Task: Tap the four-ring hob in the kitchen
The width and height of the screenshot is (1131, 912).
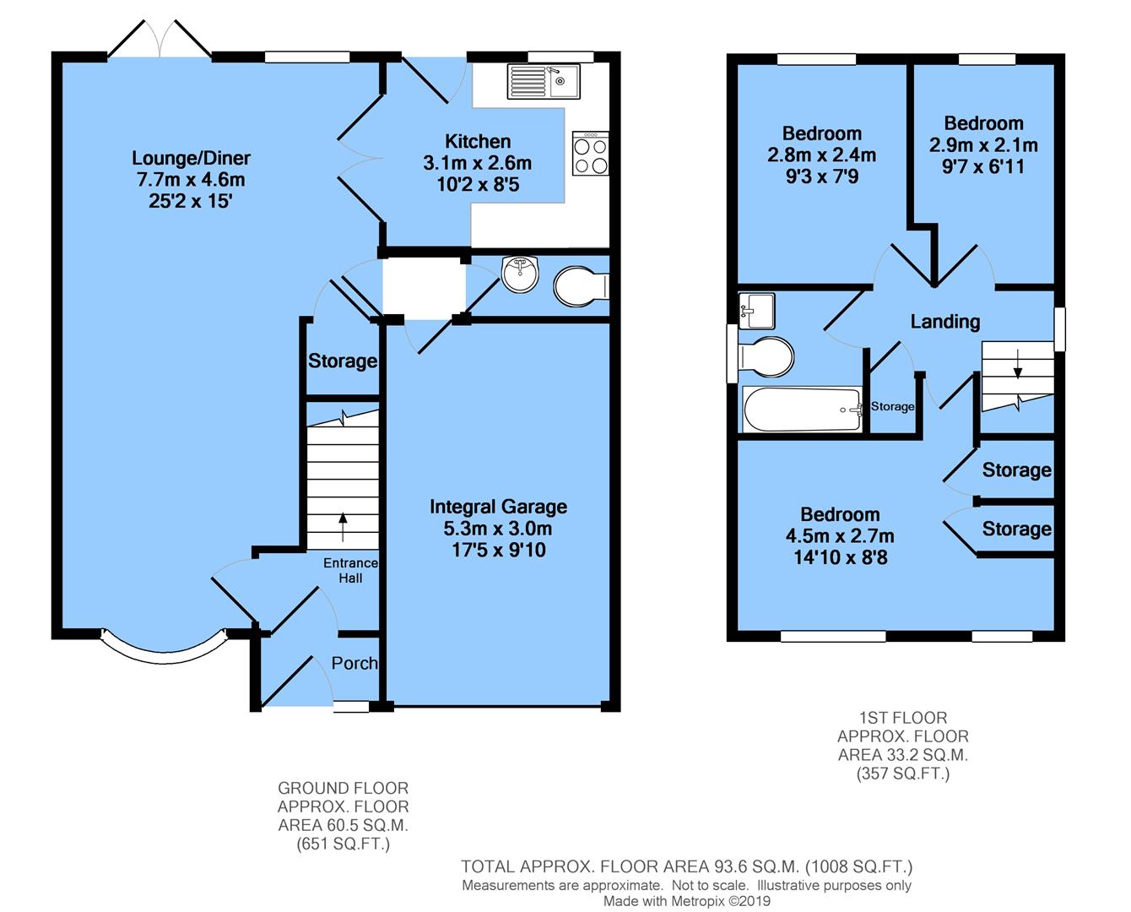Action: [590, 154]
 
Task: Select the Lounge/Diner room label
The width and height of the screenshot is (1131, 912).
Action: [191, 158]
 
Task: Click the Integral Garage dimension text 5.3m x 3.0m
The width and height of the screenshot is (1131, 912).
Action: [498, 529]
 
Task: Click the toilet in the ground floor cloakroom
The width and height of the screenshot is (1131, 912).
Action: [581, 285]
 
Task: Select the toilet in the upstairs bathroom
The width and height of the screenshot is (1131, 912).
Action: [765, 356]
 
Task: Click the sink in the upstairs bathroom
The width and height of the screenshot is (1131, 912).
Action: [755, 310]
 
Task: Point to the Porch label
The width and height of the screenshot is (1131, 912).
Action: [354, 663]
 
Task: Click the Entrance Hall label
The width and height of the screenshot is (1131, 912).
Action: [350, 570]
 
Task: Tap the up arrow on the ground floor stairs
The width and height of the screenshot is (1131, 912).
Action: [343, 525]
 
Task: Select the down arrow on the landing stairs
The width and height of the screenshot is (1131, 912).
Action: [1017, 362]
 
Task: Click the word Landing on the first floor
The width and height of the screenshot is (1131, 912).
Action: [944, 321]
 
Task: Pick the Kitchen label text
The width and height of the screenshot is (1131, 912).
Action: [478, 141]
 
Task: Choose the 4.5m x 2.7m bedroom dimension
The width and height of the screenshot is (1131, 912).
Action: [840, 536]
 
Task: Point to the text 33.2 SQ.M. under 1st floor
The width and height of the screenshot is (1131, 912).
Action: [902, 755]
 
